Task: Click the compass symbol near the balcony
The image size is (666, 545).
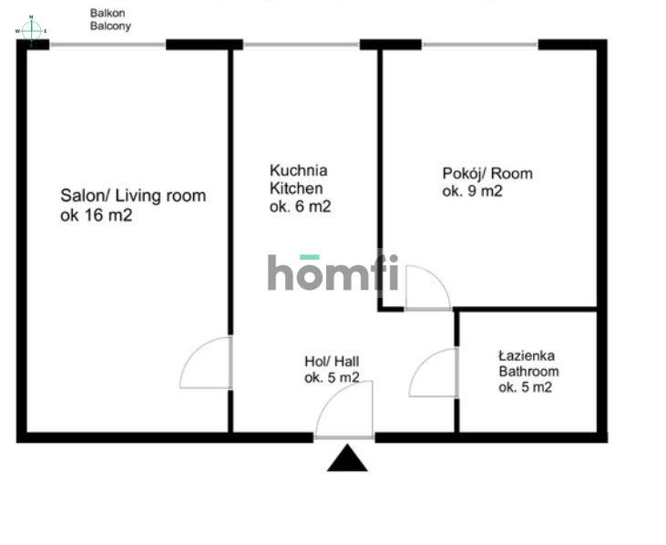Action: (31, 31)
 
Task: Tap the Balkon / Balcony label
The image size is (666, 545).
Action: (110, 19)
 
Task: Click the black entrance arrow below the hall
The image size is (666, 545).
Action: (347, 458)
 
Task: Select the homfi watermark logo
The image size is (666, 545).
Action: (333, 272)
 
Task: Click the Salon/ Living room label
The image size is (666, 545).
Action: (133, 195)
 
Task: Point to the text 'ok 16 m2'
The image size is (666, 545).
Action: (96, 215)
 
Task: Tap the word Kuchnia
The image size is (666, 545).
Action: (299, 170)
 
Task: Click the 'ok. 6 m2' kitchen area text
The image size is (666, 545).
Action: (301, 207)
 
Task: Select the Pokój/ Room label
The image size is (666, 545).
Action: (487, 174)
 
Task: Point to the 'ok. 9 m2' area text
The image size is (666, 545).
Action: (472, 191)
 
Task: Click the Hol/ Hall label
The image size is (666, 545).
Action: (332, 362)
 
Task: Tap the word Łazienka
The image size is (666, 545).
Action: (527, 355)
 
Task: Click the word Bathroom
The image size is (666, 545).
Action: (528, 371)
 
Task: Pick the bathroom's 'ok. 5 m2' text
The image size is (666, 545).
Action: (526, 387)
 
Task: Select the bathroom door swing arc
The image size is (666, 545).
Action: (422, 364)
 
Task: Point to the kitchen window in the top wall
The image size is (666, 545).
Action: (302, 44)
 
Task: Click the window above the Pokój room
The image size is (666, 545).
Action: (480, 44)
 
